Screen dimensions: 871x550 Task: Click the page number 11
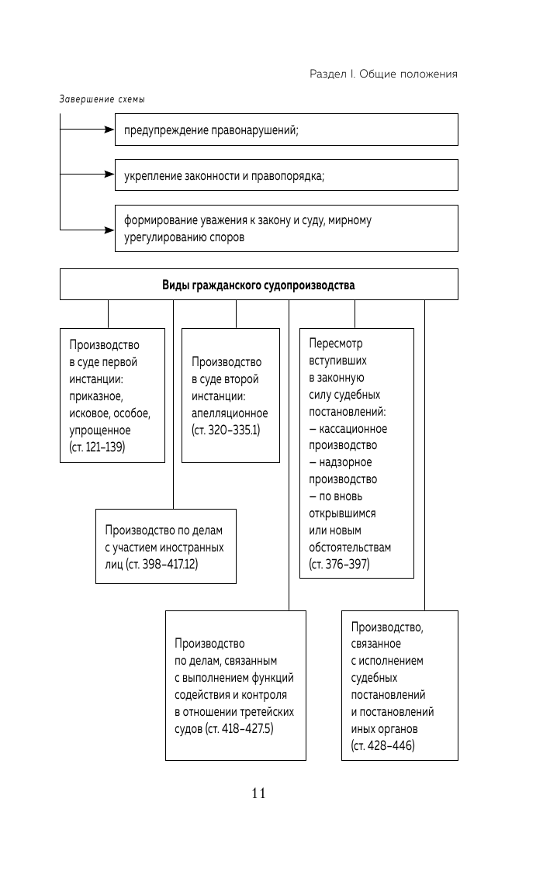click(x=258, y=793)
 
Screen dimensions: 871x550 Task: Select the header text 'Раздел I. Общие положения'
click(x=383, y=74)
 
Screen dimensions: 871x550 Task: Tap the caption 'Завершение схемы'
click(x=102, y=99)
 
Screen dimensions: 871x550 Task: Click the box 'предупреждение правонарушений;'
click(x=286, y=130)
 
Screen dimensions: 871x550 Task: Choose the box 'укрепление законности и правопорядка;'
click(x=286, y=175)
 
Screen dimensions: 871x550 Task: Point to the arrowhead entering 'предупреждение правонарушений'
click(x=109, y=130)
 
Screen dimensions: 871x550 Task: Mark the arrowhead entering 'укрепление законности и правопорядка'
click(x=109, y=175)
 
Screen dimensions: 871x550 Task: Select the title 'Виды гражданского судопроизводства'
click(x=258, y=285)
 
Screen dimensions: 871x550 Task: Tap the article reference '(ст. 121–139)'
click(x=97, y=447)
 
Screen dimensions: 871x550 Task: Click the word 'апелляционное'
click(x=230, y=413)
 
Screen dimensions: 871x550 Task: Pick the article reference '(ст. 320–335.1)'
click(x=226, y=430)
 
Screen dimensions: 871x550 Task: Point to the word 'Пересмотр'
click(x=336, y=344)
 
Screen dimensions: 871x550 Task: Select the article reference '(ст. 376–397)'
click(x=340, y=565)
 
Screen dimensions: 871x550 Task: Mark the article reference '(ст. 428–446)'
click(x=383, y=746)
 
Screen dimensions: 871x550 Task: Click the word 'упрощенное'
click(x=100, y=430)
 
